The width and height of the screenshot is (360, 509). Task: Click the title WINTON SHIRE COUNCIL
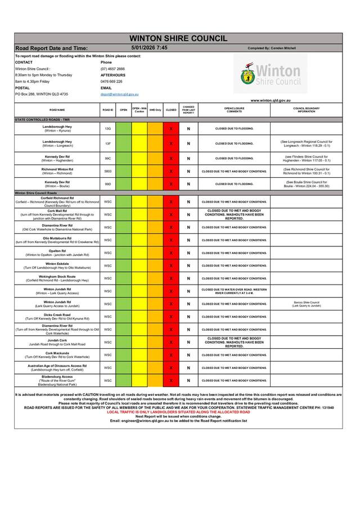[178, 38]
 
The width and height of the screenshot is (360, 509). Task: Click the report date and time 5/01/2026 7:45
[148, 48]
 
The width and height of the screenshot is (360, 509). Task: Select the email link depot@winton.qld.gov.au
[119, 94]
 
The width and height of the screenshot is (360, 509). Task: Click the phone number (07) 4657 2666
[112, 69]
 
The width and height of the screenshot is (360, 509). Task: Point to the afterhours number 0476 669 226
[111, 82]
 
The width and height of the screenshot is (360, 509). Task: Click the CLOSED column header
[171, 110]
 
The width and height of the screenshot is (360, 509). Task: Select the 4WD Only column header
[155, 110]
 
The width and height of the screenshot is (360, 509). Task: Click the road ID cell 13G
[108, 129]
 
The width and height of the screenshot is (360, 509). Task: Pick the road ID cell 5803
[108, 171]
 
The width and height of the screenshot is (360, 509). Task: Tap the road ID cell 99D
[108, 184]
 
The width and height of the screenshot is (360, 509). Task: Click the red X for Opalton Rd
[171, 253]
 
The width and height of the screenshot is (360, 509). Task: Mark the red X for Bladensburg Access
[171, 380]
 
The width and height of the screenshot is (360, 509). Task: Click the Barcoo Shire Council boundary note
[306, 304]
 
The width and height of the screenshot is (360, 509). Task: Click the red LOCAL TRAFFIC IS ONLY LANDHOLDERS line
[178, 412]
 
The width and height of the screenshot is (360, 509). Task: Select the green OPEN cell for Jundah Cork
[124, 342]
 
